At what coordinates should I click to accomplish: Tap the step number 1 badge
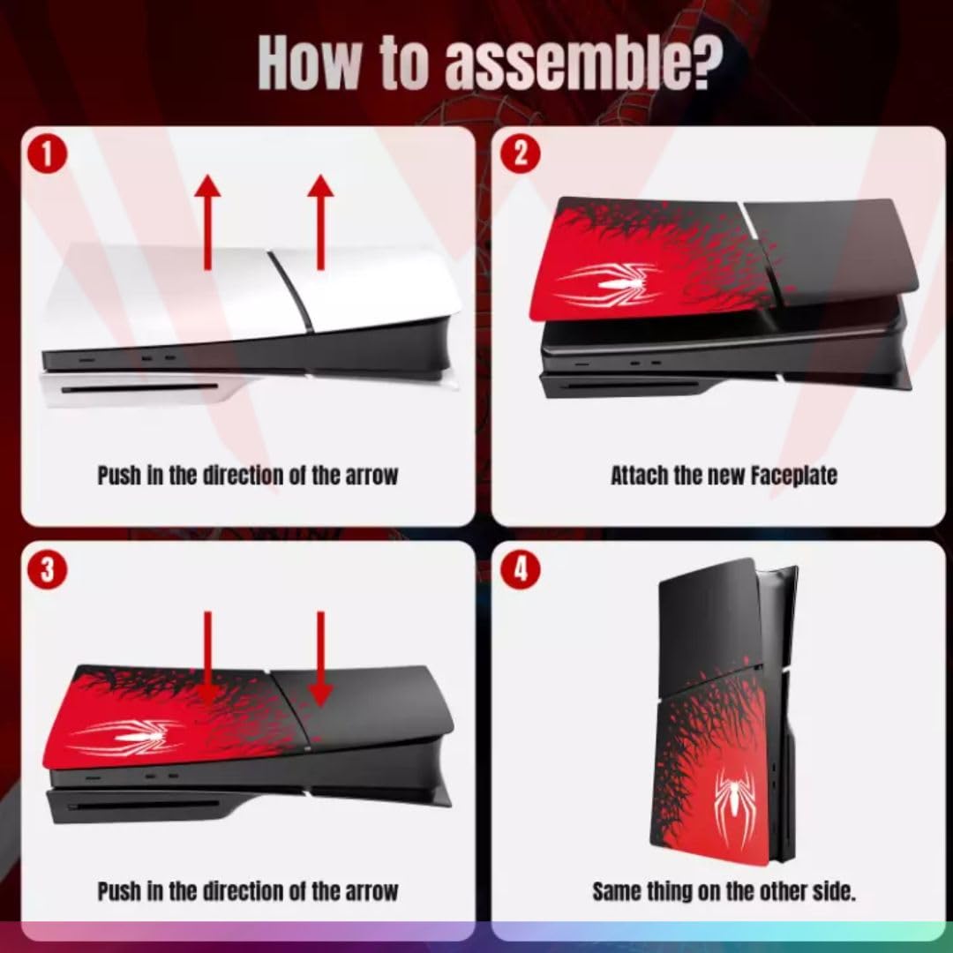(x=46, y=155)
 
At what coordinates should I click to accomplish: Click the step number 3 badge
(x=47, y=570)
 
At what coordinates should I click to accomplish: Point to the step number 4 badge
(x=521, y=569)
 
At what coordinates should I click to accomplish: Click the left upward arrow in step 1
(x=208, y=222)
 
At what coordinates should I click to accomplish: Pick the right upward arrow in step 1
(x=320, y=222)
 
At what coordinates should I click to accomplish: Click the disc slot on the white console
(x=140, y=388)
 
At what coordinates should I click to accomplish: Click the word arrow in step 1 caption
(x=372, y=476)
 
